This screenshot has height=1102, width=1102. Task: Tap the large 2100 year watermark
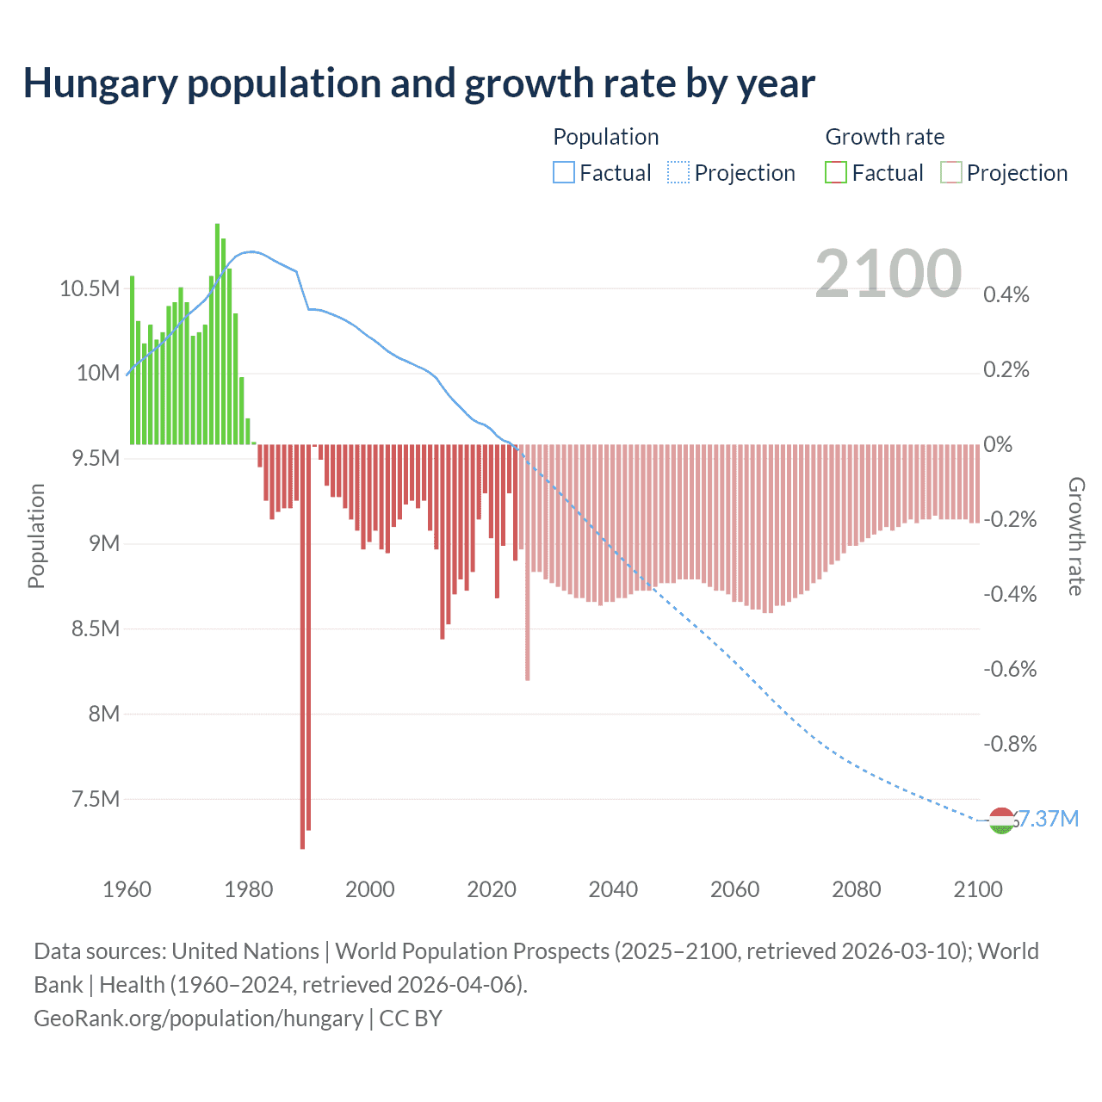pos(888,274)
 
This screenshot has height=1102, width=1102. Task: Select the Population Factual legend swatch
pos(563,173)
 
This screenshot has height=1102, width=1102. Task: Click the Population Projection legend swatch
pos(678,173)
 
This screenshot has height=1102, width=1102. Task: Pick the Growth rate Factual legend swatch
pos(835,173)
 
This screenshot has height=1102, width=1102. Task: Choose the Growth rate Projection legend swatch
pos(950,173)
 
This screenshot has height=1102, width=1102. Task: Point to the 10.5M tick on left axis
pos(90,288)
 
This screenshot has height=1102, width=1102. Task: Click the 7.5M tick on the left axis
pos(95,799)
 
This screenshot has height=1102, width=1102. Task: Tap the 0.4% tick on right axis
pos(1006,294)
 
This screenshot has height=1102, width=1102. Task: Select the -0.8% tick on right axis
pos(1010,744)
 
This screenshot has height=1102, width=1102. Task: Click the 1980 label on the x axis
pos(248,889)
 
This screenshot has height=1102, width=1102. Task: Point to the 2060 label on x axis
pos(734,889)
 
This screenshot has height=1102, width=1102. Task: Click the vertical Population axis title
pos(36,536)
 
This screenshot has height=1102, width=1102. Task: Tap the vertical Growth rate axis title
pos(1075,536)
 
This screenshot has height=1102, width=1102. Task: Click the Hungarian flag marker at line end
pos(1000,821)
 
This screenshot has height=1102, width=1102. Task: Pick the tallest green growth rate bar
pos(217,334)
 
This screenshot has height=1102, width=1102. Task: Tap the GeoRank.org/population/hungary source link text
pos(198,1018)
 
